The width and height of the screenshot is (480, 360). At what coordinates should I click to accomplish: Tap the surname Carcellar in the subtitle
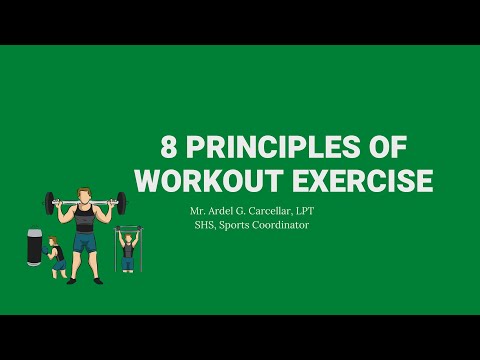tap(275, 211)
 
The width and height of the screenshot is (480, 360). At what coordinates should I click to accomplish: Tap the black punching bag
tap(33, 247)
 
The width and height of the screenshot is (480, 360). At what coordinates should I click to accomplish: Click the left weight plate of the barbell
tap(50, 203)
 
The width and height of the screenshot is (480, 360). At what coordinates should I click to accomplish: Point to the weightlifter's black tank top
tap(84, 219)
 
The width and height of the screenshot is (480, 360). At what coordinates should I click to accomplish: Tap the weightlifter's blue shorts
tap(84, 242)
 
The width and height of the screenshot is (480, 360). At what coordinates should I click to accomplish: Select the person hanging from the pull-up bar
tap(127, 250)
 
